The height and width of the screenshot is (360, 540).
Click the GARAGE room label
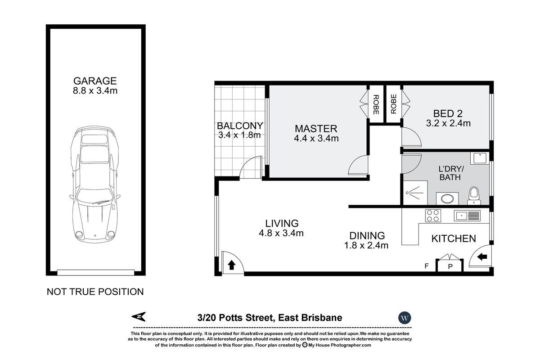[x=95, y=81]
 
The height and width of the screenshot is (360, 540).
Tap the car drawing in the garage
[x=94, y=184]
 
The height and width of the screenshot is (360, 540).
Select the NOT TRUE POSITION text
[x=95, y=292]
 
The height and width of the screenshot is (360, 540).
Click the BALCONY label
[x=240, y=126]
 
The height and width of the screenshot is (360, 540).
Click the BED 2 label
[x=448, y=113]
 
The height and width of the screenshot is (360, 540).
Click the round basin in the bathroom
[x=447, y=198]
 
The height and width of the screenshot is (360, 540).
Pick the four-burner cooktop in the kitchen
[x=433, y=216]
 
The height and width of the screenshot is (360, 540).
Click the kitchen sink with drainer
[x=468, y=216]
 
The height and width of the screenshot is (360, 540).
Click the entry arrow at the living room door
[x=231, y=265]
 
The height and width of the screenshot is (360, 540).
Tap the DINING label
[x=367, y=235]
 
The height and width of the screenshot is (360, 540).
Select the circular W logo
[x=404, y=318]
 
